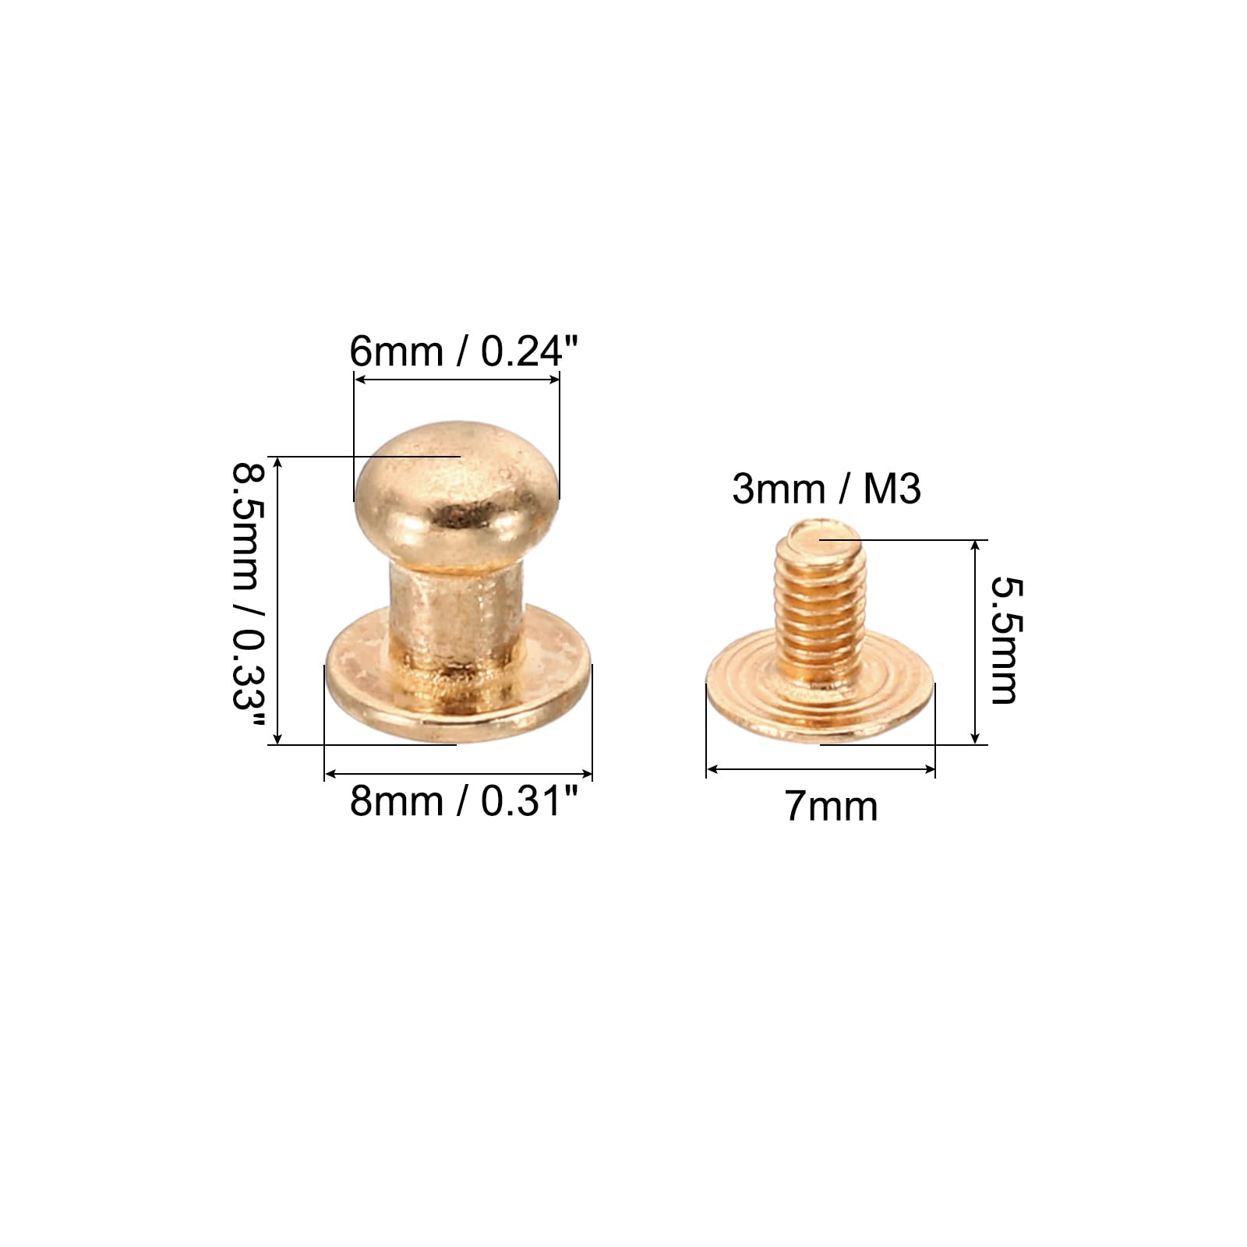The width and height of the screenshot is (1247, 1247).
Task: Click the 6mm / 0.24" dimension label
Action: pos(465,351)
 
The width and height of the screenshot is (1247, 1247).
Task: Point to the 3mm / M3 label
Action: pos(827,489)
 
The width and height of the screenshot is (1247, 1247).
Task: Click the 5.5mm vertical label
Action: pos(1004,641)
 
